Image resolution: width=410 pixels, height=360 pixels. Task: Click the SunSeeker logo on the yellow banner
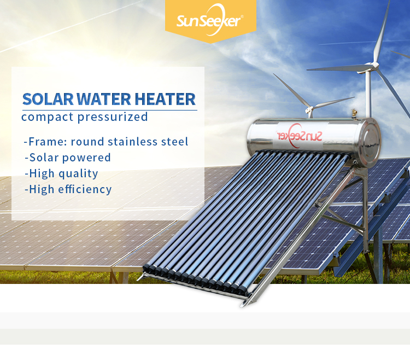tap(209, 20)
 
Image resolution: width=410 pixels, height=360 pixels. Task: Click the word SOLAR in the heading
tap(48, 99)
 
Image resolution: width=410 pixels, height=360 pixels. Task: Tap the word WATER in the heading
tap(104, 99)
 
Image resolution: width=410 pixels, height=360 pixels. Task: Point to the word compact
tap(48, 117)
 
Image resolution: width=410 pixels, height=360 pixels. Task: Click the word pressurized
tap(113, 117)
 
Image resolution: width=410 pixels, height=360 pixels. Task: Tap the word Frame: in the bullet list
tap(48, 142)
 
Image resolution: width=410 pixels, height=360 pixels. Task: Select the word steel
tap(174, 142)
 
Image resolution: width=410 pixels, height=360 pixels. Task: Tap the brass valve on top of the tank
tap(354, 114)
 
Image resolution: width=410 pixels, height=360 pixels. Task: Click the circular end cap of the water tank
tap(370, 143)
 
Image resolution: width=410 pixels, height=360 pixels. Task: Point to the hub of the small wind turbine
tap(311, 109)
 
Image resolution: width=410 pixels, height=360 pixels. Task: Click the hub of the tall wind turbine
tap(372, 66)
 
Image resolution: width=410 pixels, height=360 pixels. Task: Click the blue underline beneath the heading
tap(110, 110)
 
